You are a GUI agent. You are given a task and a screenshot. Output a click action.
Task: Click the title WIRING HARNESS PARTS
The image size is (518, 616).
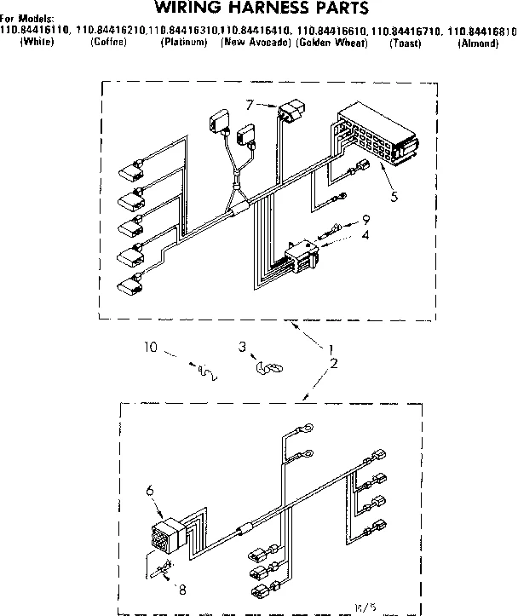[261, 9]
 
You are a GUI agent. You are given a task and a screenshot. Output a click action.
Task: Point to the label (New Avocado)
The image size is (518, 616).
[256, 42]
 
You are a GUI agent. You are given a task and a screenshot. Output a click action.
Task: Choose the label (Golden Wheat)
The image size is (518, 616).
[332, 42]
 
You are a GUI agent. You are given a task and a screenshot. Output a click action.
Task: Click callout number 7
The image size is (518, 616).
[249, 105]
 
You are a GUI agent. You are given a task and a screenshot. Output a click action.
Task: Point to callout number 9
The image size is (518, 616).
[365, 218]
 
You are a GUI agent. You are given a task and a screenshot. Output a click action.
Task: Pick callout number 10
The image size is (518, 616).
[150, 347]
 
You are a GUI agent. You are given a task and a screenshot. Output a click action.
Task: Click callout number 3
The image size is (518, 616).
[242, 348]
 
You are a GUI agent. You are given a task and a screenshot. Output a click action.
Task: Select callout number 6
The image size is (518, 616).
[149, 491]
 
